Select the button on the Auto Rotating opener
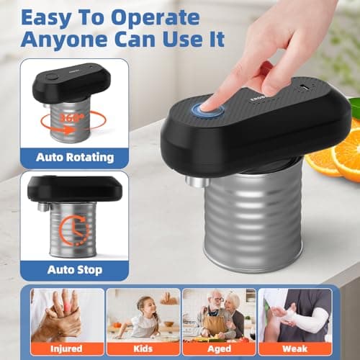51,76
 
